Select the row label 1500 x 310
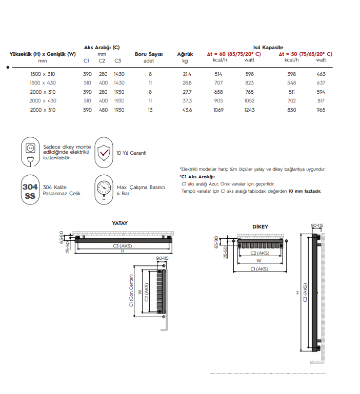[43, 74]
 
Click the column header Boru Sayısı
[148, 54]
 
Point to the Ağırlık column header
[185, 54]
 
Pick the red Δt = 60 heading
[233, 54]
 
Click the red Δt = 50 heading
[305, 54]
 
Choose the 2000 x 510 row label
[43, 110]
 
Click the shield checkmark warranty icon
[104, 152]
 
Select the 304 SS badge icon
[30, 190]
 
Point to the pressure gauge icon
[104, 189]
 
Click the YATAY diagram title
[119, 223]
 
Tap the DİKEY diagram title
[260, 226]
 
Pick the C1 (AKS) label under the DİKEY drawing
[259, 268]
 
